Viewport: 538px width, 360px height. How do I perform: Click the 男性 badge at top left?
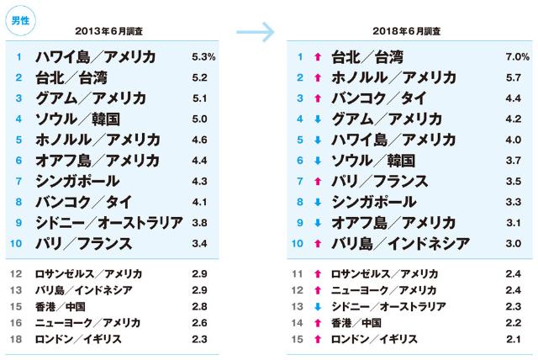click(x=18, y=20)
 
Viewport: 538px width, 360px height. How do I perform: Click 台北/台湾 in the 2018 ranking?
click(x=367, y=57)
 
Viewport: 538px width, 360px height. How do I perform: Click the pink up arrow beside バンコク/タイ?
click(x=317, y=98)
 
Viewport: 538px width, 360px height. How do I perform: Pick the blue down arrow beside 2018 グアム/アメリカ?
click(x=317, y=119)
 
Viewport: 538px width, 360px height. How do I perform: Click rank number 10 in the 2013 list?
click(x=18, y=244)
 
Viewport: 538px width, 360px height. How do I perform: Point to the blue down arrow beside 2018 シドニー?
click(x=317, y=306)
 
